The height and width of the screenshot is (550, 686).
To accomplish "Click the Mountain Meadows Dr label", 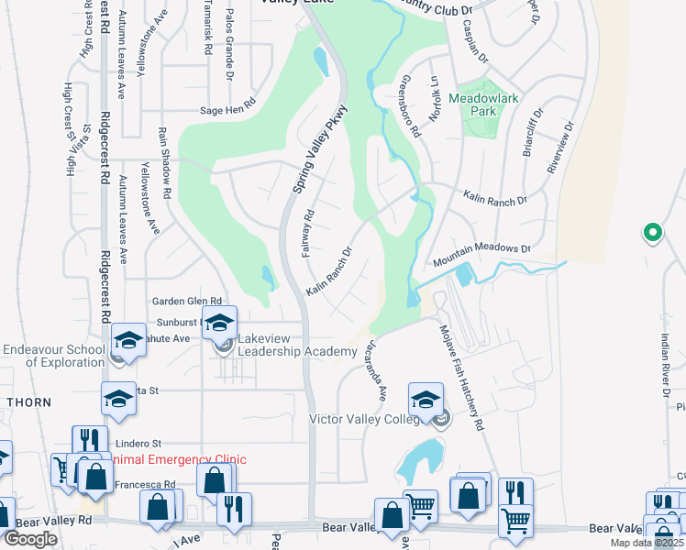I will click(482, 248).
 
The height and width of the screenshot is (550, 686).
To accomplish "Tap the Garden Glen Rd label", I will click(187, 301).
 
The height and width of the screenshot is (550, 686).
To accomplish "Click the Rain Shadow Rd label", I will click(164, 164).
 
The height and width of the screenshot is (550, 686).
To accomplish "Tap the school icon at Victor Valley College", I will click(426, 401).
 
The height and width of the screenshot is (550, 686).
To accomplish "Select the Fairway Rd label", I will click(308, 233).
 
